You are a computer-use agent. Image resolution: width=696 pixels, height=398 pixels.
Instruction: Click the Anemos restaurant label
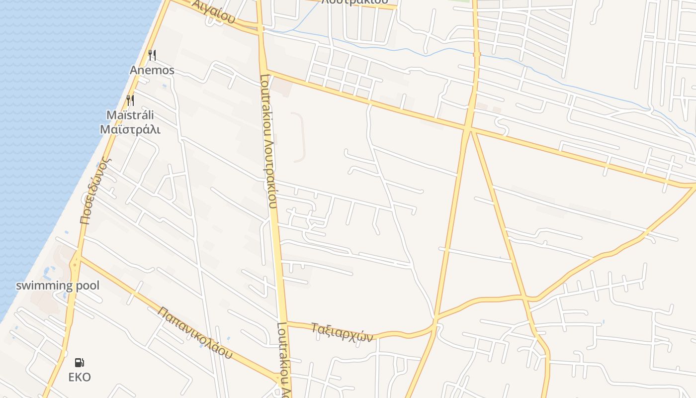point(152,70)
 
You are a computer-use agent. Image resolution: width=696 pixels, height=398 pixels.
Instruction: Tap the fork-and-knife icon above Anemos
point(153,55)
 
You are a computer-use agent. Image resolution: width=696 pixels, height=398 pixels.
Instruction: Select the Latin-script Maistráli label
point(130,115)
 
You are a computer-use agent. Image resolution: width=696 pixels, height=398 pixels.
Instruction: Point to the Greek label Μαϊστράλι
point(130,129)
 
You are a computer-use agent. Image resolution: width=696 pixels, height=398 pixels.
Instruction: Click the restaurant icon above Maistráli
point(130,100)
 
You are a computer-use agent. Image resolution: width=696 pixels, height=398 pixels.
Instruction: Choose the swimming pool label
point(58,286)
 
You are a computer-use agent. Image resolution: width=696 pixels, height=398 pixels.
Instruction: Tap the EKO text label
point(80,377)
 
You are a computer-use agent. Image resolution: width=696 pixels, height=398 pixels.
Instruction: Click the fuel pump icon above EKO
point(80,362)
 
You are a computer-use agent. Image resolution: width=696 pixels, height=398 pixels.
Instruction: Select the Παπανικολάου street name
point(195,333)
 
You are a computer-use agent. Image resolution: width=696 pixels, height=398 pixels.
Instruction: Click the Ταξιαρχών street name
point(342,332)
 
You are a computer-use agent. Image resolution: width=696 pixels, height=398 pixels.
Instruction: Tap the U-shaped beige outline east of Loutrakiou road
point(299,137)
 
